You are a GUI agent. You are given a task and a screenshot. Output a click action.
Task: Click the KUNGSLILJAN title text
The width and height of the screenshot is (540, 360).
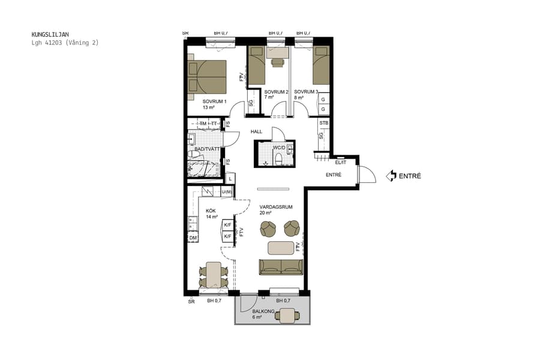50,35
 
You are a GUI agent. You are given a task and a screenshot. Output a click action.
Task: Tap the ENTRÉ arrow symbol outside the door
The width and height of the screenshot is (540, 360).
392,176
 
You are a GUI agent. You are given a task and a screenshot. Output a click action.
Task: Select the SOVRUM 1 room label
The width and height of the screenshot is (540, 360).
214,101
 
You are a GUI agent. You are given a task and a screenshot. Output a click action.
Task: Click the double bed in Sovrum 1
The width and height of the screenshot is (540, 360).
207,77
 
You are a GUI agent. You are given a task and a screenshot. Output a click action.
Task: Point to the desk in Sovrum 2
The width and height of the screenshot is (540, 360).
277,61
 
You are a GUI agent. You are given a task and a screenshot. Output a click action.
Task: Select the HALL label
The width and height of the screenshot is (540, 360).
257,131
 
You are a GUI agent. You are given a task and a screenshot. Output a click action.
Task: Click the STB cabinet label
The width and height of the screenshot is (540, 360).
324,124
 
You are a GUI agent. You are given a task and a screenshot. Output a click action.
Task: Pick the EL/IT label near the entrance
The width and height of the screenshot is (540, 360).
341,162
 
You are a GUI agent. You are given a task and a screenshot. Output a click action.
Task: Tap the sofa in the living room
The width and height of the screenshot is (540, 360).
281,266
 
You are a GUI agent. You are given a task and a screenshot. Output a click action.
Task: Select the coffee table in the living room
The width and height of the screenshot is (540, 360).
281,247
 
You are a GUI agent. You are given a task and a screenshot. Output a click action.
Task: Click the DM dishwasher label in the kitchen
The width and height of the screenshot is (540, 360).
193,238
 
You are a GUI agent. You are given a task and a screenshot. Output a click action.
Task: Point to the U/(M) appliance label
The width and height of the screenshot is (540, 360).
226,192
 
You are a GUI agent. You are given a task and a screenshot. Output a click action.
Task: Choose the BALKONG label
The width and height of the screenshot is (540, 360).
263,311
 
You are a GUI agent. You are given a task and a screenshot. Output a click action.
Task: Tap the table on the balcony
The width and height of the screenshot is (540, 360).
289,315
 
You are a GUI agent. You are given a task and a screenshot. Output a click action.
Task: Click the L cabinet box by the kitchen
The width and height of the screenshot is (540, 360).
230,179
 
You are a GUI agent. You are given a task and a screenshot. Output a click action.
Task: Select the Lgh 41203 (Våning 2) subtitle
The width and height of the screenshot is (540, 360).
65,43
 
